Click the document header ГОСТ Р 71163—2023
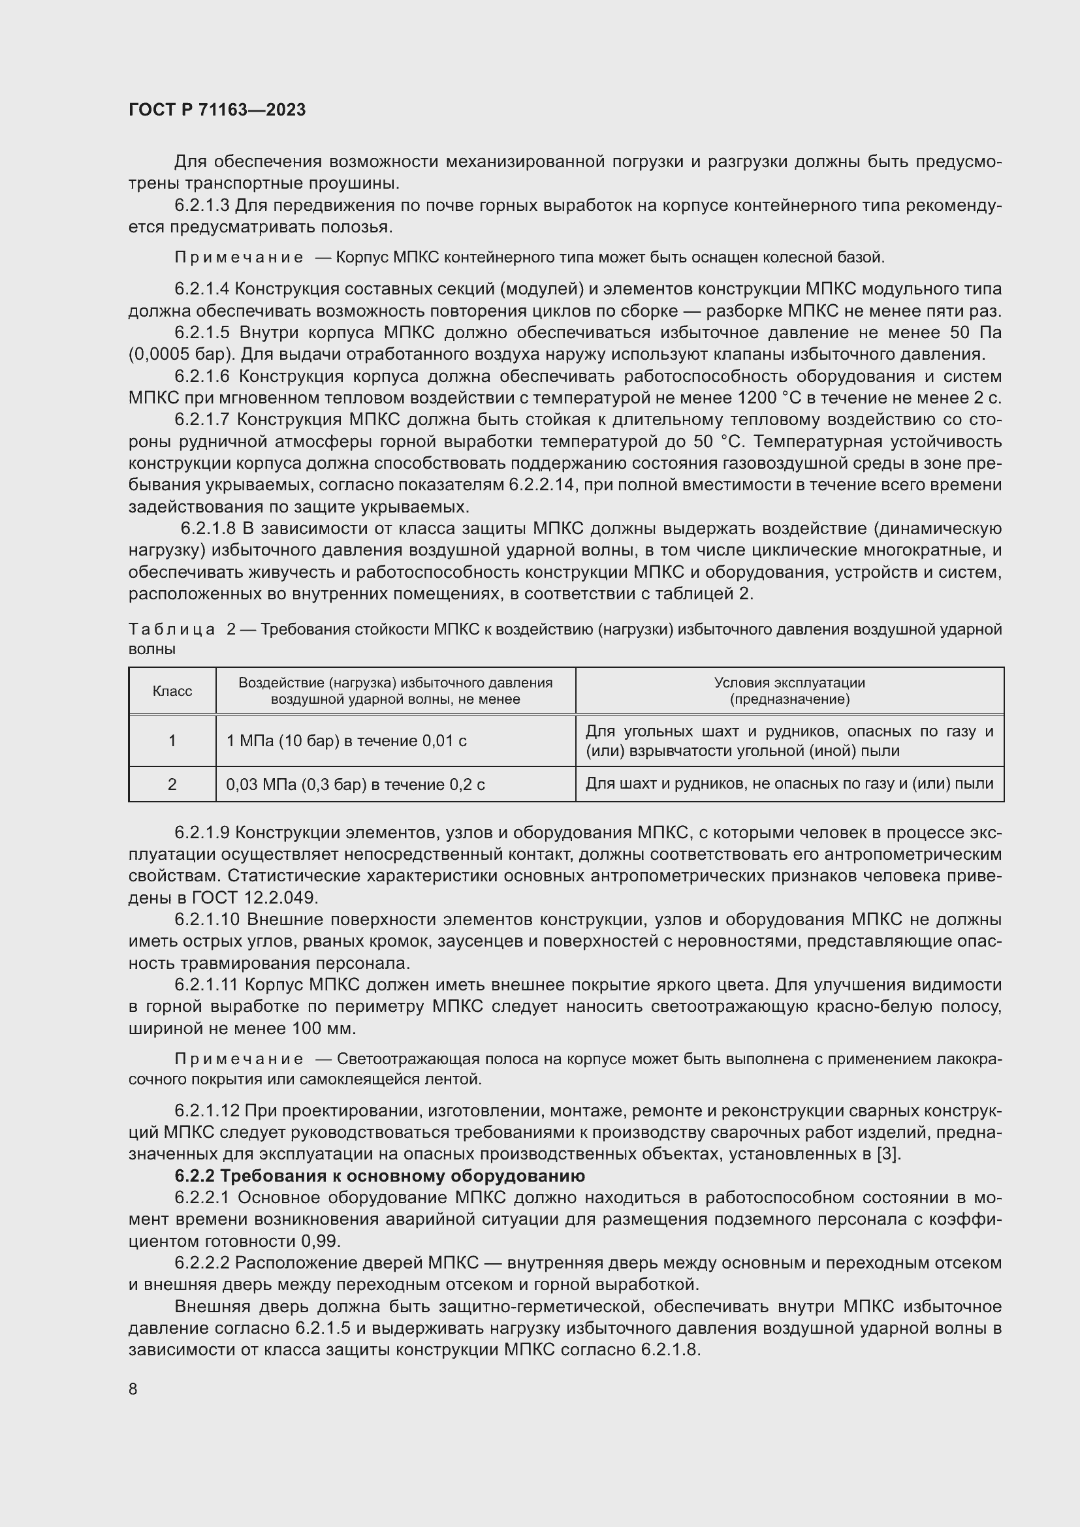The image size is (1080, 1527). (x=217, y=110)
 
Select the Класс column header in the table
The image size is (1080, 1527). (x=172, y=691)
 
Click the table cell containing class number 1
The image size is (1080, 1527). (x=172, y=741)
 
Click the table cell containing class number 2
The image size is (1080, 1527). (x=172, y=785)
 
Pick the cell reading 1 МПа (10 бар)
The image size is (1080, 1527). (x=346, y=741)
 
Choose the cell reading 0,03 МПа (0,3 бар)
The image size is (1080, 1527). (x=355, y=785)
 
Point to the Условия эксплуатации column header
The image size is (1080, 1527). (x=789, y=691)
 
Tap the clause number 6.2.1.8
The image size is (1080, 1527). (x=209, y=529)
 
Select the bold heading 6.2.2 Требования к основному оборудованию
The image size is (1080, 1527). (x=380, y=1176)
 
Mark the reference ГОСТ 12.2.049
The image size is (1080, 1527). (x=255, y=898)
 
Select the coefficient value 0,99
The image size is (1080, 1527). (x=320, y=1242)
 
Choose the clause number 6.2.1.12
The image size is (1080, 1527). (x=207, y=1111)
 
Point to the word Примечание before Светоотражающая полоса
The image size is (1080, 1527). (x=239, y=1060)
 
